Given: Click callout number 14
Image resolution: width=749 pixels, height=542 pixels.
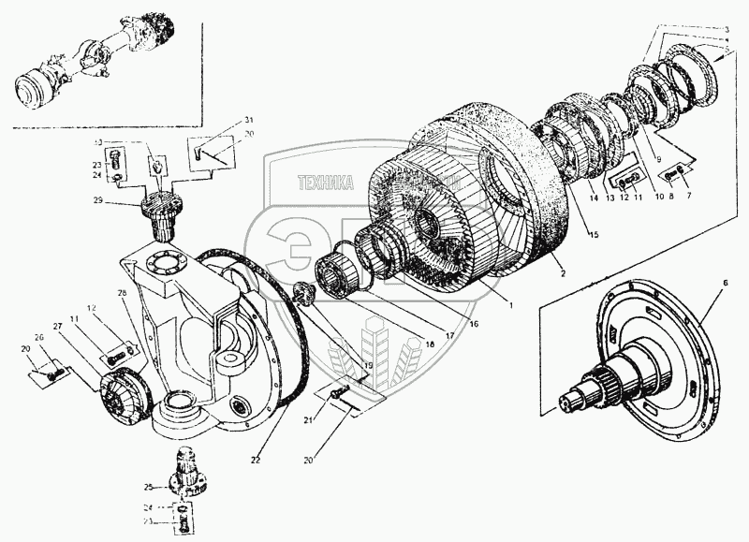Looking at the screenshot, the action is click(x=592, y=199).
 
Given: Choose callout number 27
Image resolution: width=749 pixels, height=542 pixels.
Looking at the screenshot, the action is click(x=58, y=326).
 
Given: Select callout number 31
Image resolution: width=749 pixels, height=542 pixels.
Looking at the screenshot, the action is click(x=223, y=121).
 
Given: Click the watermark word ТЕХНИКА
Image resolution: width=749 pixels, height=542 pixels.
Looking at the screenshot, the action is click(x=325, y=184).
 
